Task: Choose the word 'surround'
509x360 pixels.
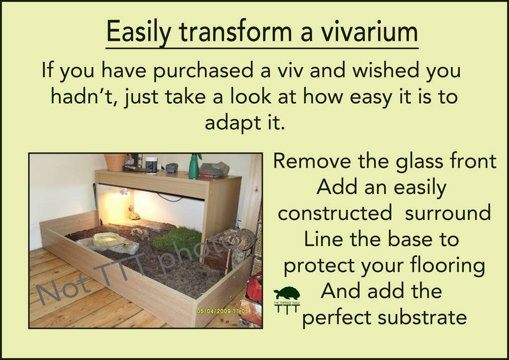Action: click(448, 213)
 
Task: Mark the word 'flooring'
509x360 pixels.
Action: click(448, 266)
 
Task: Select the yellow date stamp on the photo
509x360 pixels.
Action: click(223, 311)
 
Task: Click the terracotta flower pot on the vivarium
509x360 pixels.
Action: click(115, 162)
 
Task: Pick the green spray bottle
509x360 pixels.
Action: click(194, 166)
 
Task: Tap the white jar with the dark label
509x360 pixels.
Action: click(151, 165)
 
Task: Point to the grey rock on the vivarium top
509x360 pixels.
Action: click(214, 169)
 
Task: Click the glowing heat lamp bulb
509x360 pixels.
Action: click(125, 191)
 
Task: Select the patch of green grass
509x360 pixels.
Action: click(177, 241)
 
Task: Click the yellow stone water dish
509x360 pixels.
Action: click(108, 240)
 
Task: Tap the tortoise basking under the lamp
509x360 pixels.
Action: click(135, 216)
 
